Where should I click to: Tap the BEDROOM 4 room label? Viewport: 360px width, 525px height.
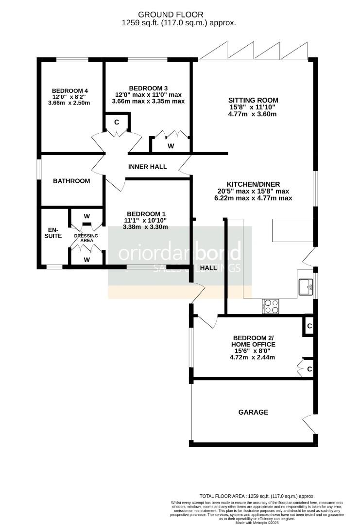69,90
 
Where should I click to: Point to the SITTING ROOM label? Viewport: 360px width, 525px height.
254,100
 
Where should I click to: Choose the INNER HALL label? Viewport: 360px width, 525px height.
147,167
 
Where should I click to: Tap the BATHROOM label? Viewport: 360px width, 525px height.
71,181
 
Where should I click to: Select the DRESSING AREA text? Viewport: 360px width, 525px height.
86,238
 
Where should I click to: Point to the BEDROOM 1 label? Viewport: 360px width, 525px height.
145,214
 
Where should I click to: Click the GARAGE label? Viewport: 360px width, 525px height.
253,412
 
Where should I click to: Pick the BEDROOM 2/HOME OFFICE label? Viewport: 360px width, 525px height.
254,341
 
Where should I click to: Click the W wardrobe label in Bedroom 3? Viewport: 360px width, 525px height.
171,146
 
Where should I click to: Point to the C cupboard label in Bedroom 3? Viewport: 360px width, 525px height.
117,122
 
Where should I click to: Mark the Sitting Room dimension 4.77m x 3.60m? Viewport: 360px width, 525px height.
253,114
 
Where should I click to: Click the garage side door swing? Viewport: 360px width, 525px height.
308,422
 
